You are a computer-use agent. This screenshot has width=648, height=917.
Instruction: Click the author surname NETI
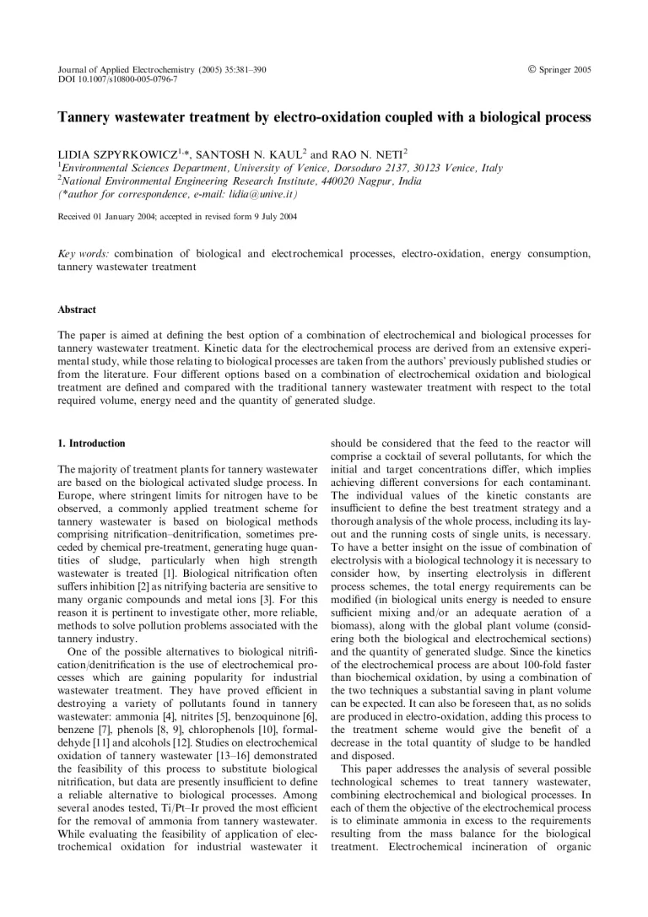[384, 154]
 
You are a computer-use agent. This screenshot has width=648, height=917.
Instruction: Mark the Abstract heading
[77, 310]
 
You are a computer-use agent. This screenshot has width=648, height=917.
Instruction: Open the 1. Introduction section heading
[91, 443]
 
